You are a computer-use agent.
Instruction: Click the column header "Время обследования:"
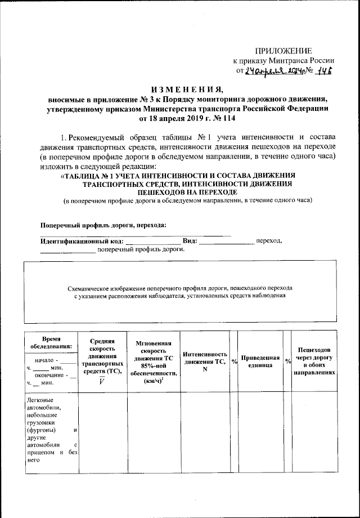[52, 342]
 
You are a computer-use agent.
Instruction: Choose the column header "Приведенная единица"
[260, 361]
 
